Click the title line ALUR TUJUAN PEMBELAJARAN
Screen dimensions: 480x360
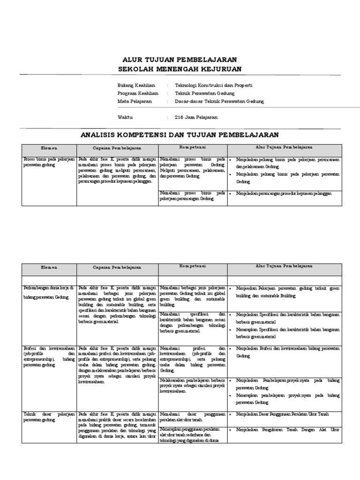click(180, 60)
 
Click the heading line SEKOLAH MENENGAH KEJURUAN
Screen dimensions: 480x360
click(180, 69)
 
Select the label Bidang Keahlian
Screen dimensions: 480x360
click(135, 85)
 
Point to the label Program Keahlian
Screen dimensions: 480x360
click(137, 93)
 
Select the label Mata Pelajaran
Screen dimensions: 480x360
click(134, 101)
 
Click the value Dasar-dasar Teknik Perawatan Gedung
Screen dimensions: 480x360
click(219, 101)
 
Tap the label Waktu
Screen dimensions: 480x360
click(125, 117)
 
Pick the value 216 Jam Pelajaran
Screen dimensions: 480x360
click(196, 117)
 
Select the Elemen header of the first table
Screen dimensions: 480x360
click(49, 148)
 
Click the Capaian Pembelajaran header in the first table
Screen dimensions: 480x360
click(117, 148)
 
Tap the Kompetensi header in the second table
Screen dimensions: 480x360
click(193, 266)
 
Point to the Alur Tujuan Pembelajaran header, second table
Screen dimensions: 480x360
click(284, 266)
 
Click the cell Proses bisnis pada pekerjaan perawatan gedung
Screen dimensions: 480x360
click(49, 162)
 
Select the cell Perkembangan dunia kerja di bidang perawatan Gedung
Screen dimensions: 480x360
click(49, 292)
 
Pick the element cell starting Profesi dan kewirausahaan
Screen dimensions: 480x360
click(49, 356)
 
